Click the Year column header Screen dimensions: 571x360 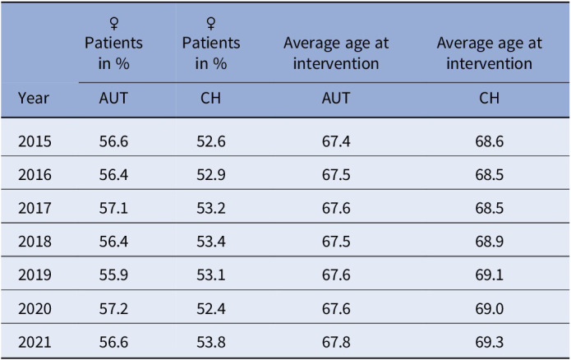click(34, 98)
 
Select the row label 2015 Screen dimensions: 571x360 click(35, 141)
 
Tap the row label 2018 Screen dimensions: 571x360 click(35, 242)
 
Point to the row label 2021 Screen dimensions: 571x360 click(35, 342)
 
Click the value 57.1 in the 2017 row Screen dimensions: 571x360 click(113, 208)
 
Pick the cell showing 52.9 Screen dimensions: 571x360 click(211, 175)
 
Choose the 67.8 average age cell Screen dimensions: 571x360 click(336, 342)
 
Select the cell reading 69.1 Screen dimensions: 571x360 click(490, 275)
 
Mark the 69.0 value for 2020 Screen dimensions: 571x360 click(490, 308)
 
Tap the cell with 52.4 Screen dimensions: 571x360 click(211, 308)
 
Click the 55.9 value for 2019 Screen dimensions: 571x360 click(113, 275)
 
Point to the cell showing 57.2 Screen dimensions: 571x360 click(113, 308)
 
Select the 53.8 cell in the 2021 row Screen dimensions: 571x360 click(211, 342)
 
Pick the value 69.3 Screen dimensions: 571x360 click(490, 342)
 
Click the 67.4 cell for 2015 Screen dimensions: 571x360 click(336, 141)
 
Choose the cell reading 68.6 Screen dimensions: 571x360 click(490, 141)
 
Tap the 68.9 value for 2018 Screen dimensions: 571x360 click(490, 242)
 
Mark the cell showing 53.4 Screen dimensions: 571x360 click(211, 242)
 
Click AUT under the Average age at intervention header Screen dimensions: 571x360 click(336, 98)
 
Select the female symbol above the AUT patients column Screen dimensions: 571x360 click(114, 24)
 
